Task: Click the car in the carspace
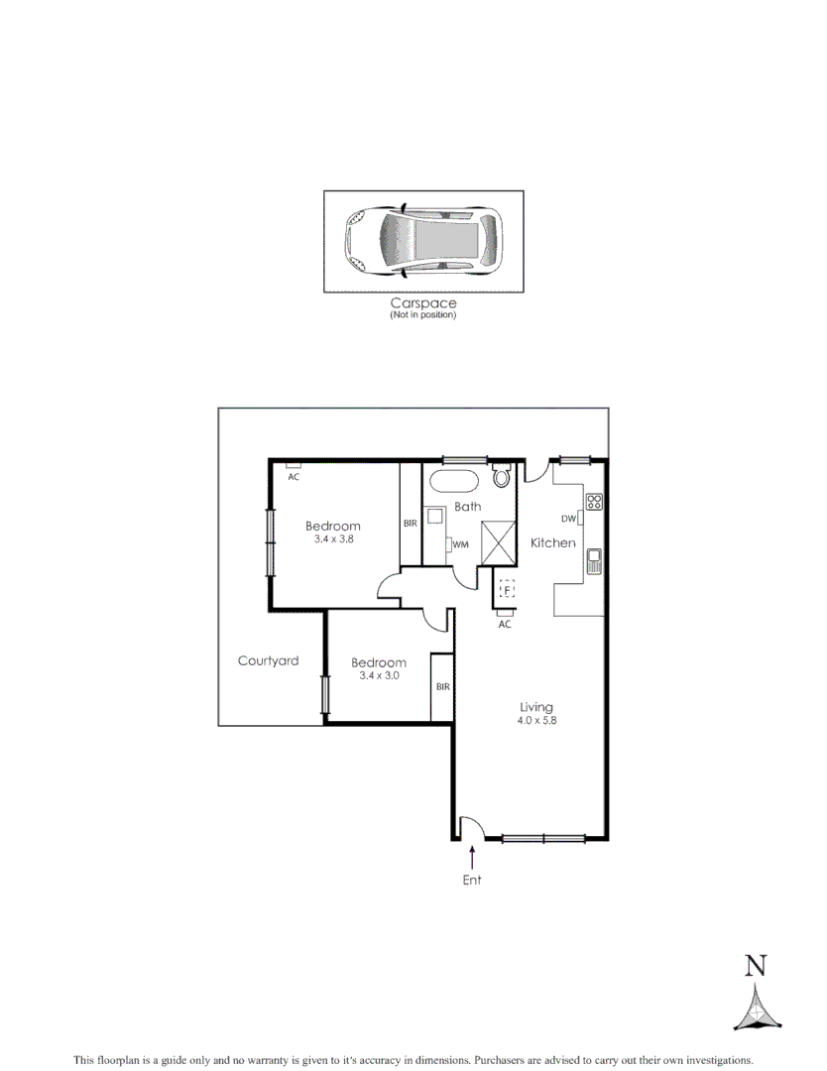tap(422, 242)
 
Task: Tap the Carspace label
tap(422, 303)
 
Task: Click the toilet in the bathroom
tap(501, 478)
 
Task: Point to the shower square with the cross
tap(499, 540)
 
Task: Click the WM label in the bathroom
tap(461, 544)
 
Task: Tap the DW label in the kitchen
tap(568, 519)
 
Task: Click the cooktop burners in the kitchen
tap(594, 502)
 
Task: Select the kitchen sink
tap(594, 561)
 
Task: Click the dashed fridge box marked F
tap(507, 591)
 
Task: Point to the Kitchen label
tap(552, 543)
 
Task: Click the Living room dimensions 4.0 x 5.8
tap(536, 721)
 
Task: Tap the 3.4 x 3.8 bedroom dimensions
tap(333, 539)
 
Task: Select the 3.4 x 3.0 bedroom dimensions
tap(379, 676)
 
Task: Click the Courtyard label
tap(268, 661)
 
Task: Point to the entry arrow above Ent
tap(472, 854)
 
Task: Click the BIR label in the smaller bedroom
tap(442, 686)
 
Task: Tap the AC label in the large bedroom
tap(294, 477)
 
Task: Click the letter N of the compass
tap(757, 965)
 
